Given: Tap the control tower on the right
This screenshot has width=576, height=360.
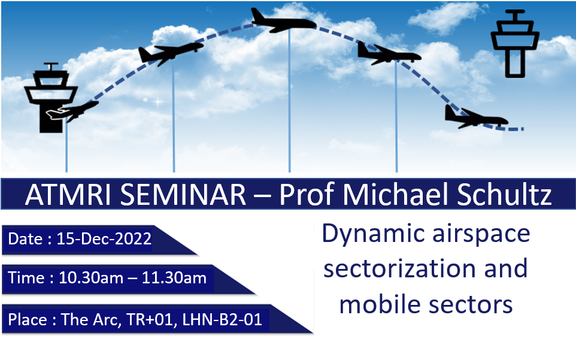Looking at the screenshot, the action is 515,44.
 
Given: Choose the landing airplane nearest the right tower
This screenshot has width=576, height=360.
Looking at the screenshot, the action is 477,117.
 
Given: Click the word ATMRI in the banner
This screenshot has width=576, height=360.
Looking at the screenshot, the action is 68,194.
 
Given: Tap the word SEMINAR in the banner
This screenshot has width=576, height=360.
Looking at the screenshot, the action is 183,194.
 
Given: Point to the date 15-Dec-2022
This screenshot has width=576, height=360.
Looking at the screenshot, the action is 104,239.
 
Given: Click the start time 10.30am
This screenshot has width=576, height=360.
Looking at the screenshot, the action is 91,278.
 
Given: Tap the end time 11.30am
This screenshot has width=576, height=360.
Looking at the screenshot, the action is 174,278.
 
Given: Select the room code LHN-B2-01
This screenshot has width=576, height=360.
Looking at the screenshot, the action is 222,319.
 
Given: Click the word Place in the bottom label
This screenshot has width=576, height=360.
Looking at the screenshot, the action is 28,319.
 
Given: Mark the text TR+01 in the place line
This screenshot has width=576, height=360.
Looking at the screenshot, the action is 150,319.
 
